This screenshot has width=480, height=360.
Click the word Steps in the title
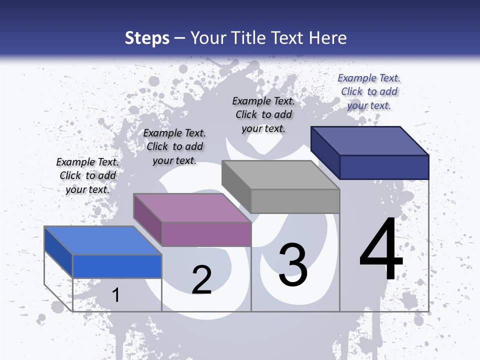coord(147,38)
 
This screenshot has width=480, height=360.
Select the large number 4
coord(381,250)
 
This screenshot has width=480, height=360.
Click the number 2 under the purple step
coord(201,280)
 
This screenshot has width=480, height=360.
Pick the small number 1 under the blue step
coord(116,295)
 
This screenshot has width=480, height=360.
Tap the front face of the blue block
coord(117,266)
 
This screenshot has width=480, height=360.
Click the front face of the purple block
coord(206,234)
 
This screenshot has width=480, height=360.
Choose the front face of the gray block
coord(295,201)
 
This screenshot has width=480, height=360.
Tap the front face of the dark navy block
coord(384,167)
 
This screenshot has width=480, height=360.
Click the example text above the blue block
coord(87,175)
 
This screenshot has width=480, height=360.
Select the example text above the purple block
coord(174,146)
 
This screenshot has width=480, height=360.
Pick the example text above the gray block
coord(263,114)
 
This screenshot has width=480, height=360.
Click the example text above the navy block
coord(369,91)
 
